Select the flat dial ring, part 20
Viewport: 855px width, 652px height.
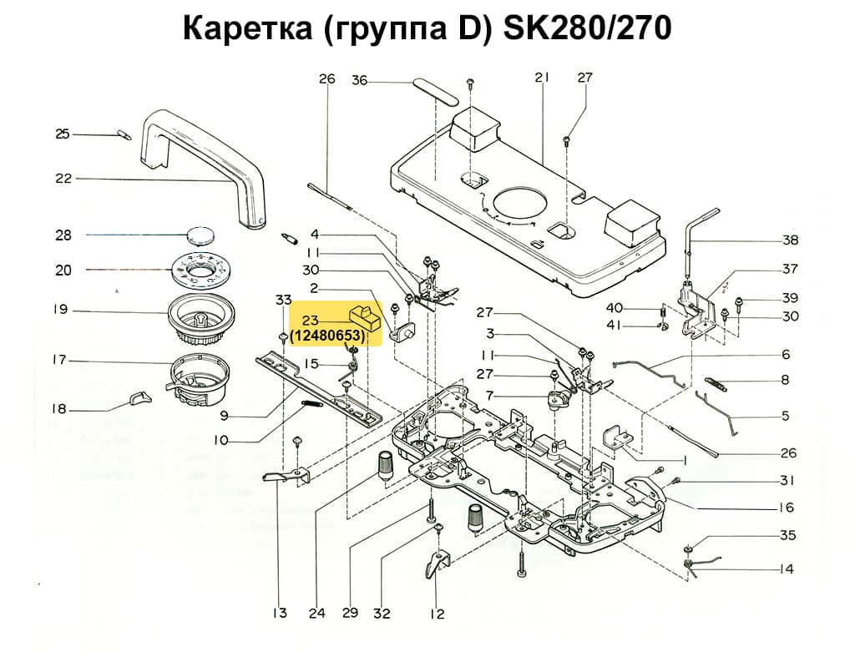click(200, 270)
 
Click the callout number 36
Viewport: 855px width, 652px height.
click(359, 80)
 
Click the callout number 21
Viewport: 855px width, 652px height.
click(543, 78)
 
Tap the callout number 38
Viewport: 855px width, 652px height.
click(789, 240)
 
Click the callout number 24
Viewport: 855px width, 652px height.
click(316, 614)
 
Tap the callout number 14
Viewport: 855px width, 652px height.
click(786, 569)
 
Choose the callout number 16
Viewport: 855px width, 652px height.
click(786, 508)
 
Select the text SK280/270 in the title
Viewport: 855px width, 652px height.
click(587, 29)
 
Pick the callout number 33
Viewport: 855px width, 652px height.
click(284, 300)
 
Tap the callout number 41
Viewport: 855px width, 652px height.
click(638, 324)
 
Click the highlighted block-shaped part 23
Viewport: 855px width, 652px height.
click(363, 317)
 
